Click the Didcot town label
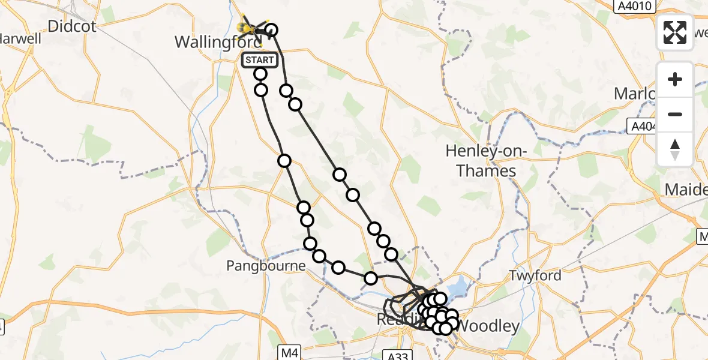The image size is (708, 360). (x=71, y=26)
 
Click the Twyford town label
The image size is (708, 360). (x=535, y=275)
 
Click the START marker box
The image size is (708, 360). (x=259, y=60)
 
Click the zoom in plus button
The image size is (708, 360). (x=675, y=79)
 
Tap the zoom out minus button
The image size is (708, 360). (x=675, y=114)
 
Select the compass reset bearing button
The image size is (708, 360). (x=675, y=149)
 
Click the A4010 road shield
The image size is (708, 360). (x=638, y=6)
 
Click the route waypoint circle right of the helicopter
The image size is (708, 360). (x=271, y=30)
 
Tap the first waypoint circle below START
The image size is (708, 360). (x=260, y=74)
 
